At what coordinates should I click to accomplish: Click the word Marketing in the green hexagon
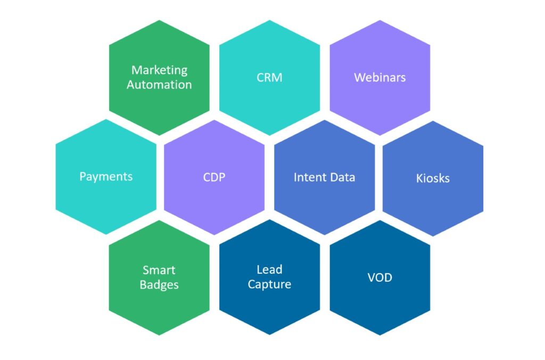pyautogui.click(x=160, y=70)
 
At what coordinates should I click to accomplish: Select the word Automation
pyautogui.click(x=160, y=85)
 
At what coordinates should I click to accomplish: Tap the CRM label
pyautogui.click(x=269, y=77)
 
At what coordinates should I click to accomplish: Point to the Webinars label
pyautogui.click(x=380, y=77)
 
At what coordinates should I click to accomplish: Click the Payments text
pyautogui.click(x=106, y=176)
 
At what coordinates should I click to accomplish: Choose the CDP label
pyautogui.click(x=214, y=177)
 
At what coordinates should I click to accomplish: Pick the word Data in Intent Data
pyautogui.click(x=342, y=177)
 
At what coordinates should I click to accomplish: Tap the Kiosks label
pyautogui.click(x=433, y=178)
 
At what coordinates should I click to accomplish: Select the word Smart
pyautogui.click(x=159, y=270)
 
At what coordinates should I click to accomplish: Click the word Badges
pyautogui.click(x=159, y=284)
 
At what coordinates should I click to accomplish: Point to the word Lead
pyautogui.click(x=269, y=269)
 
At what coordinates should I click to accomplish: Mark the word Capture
pyautogui.click(x=269, y=284)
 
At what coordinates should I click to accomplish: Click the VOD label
pyautogui.click(x=379, y=277)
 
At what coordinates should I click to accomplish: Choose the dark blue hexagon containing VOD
pyautogui.click(x=379, y=306)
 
